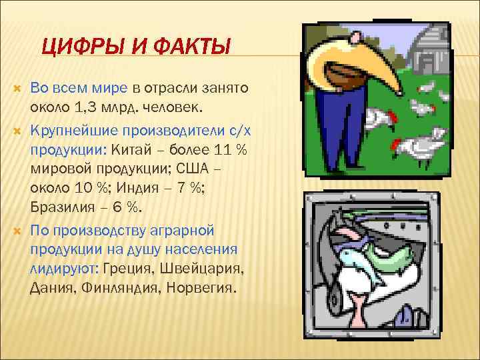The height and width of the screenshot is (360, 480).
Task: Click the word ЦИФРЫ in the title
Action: tap(74, 49)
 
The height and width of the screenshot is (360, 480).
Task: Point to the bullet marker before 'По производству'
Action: tap(17, 230)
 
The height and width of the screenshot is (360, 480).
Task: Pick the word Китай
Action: tap(132, 148)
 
